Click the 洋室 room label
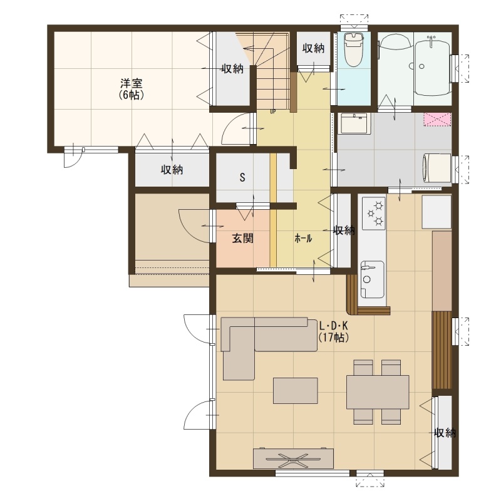tap(131, 84)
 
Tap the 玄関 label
tap(242, 239)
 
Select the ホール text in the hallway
tap(303, 239)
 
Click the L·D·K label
tap(334, 326)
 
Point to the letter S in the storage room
tap(242, 177)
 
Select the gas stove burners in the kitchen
tap(374, 213)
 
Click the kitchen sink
tap(372, 279)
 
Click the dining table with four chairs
tap(378, 392)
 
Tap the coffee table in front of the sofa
tap(295, 390)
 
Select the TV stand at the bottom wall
tap(293, 458)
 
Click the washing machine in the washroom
tap(436, 168)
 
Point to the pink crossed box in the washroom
tap(437, 119)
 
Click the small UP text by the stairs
tap(273, 112)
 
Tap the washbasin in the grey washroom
tap(354, 123)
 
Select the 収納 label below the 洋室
tap(172, 170)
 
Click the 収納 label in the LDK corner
tap(445, 433)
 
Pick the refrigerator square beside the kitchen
tap(436, 212)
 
